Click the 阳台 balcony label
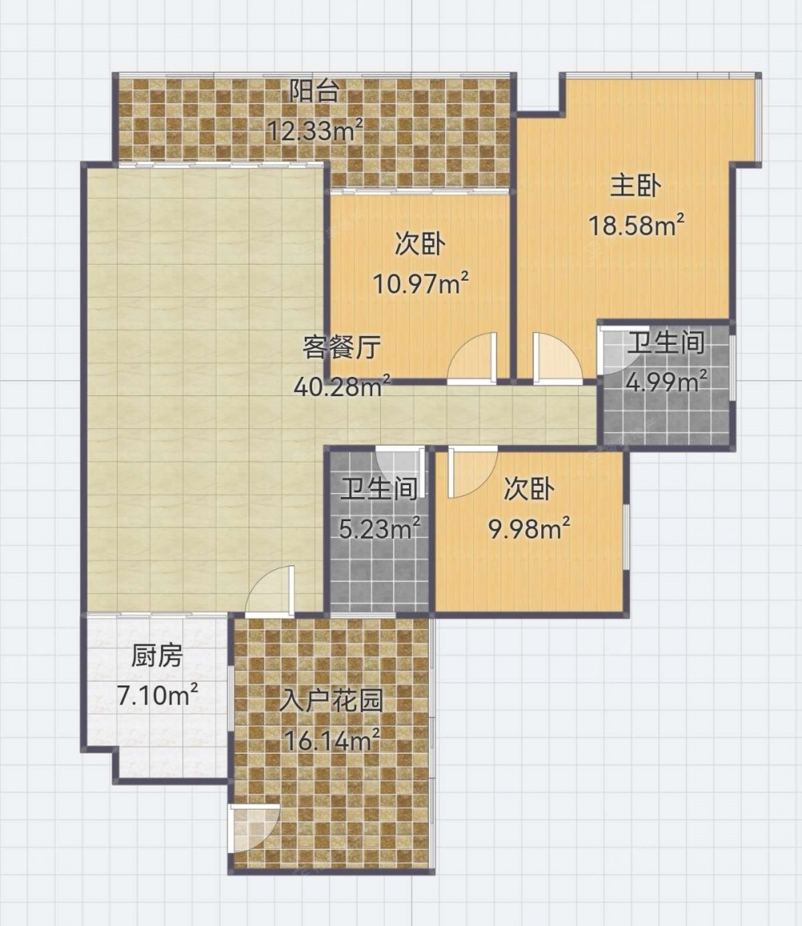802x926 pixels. point(314,91)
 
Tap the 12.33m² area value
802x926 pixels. point(314,130)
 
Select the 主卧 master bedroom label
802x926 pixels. point(635,186)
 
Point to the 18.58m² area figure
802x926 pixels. point(637,225)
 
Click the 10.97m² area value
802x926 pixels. point(420,284)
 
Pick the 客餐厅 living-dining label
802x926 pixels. point(341,347)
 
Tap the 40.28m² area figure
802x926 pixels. point(342,386)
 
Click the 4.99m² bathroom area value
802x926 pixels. point(666,382)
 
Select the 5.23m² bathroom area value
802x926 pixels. point(379,528)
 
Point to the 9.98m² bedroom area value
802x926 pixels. point(529,528)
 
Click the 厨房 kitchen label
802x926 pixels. point(156,656)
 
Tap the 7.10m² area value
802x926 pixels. point(156,696)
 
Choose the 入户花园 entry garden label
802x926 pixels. point(332,701)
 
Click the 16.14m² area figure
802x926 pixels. point(332,739)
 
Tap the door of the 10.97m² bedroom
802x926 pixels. point(472,358)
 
